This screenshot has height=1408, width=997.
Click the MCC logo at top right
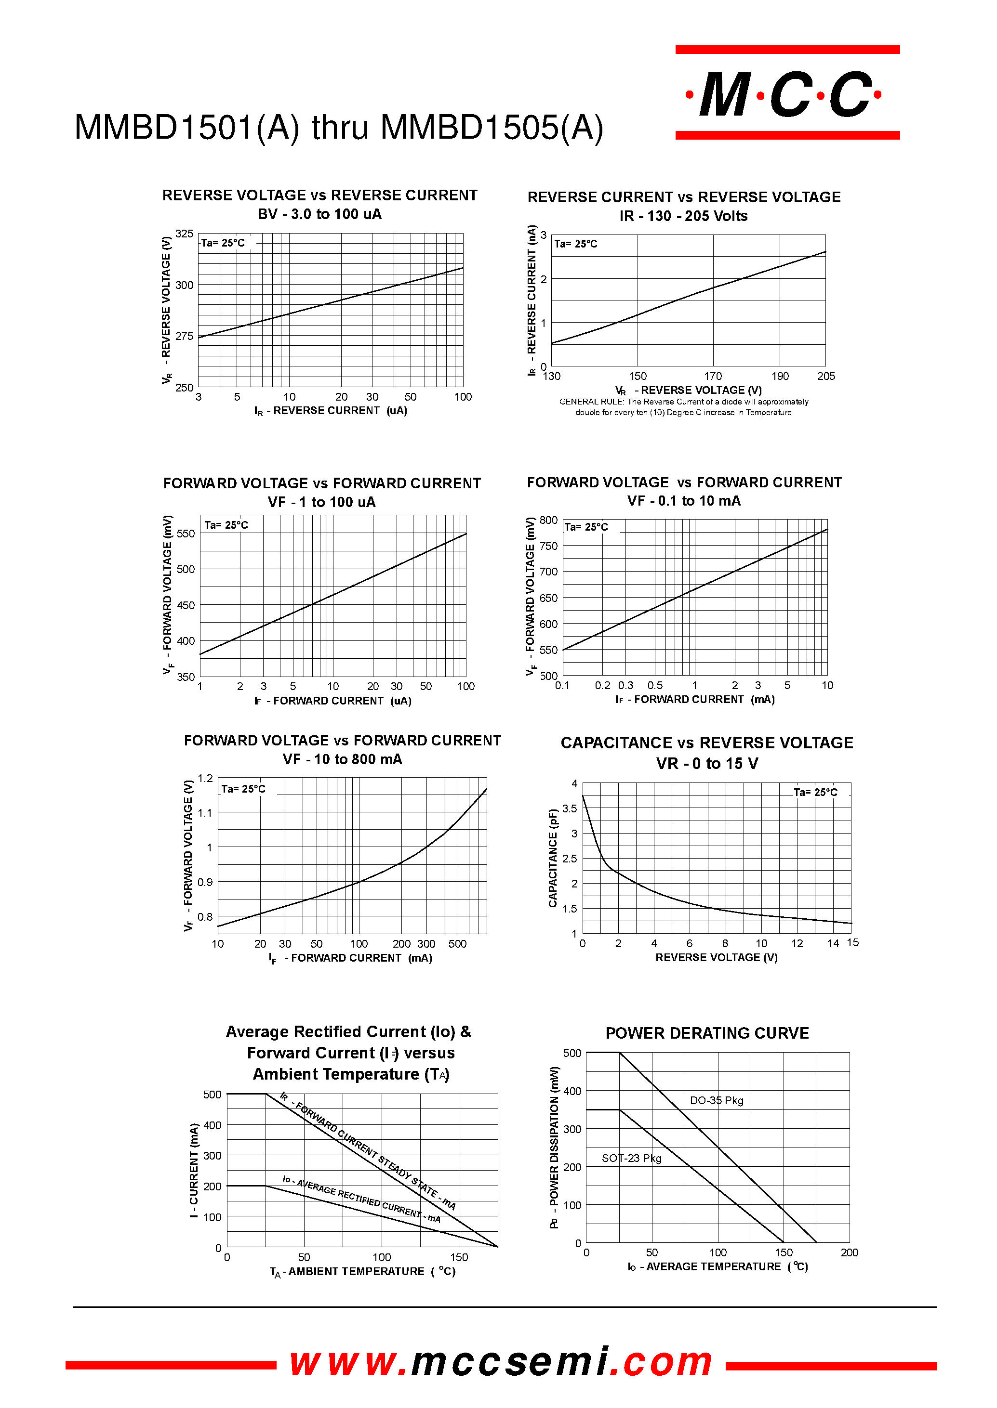click(786, 93)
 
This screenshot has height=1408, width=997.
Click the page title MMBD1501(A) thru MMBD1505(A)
click(339, 128)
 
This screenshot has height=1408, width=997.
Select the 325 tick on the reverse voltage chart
click(184, 234)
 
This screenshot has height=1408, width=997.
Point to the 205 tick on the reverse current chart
click(826, 376)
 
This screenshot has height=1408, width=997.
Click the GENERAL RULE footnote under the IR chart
click(683, 407)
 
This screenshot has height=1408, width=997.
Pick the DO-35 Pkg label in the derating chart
click(717, 1100)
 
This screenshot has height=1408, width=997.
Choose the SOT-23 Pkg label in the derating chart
click(631, 1158)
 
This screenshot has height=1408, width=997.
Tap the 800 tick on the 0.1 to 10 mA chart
click(548, 520)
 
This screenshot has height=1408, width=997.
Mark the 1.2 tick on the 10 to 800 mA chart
click(205, 778)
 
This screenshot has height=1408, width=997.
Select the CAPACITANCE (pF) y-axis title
click(553, 858)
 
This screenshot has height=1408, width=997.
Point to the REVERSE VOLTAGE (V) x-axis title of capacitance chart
click(716, 957)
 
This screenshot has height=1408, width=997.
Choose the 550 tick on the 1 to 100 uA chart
click(186, 534)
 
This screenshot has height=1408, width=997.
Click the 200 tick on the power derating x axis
click(849, 1252)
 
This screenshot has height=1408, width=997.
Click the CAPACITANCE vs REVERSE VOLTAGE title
click(706, 743)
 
